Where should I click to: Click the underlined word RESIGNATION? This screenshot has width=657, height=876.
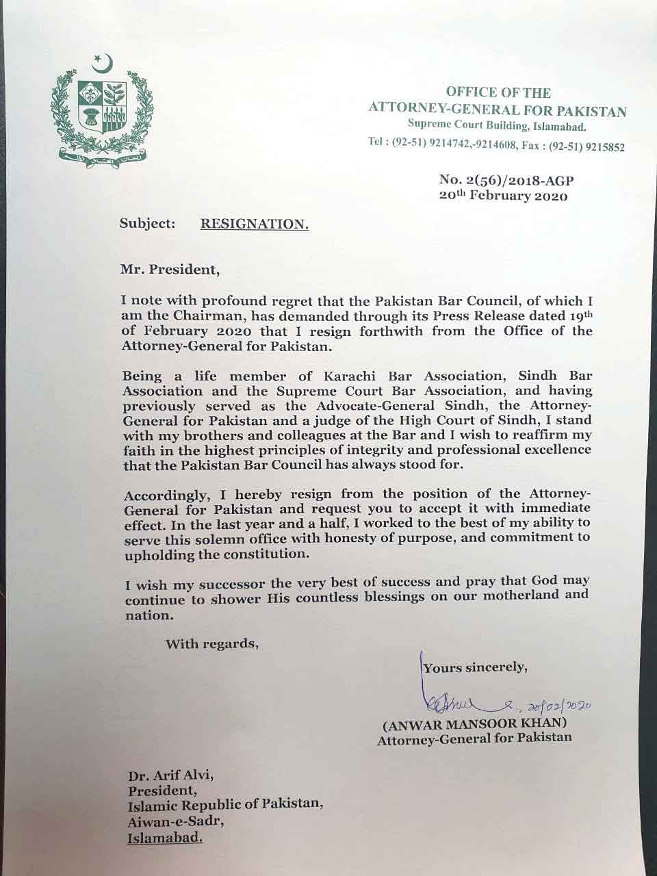pos(255,223)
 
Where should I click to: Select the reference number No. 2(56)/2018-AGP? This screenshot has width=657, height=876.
pos(506,181)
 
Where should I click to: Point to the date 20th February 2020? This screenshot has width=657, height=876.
pos(504,196)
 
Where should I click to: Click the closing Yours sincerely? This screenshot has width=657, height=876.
pos(475,667)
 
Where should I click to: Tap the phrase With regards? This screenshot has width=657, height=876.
pos(212,643)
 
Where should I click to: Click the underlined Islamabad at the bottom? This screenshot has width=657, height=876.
pos(165,836)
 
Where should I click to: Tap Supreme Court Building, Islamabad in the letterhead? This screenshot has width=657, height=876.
pos(497,126)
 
